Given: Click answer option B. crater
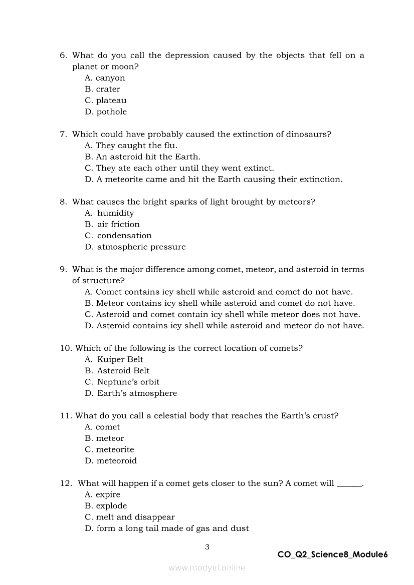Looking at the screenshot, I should pos(102,89).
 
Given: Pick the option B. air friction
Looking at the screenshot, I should pos(112,224).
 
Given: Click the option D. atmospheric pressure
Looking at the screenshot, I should pos(135,247).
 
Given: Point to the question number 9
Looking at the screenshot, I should pos(63,269).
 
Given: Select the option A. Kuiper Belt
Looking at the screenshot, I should pos(114,359).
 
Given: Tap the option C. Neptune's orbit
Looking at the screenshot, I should pos(122,382).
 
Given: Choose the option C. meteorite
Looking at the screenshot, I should pos(109,449).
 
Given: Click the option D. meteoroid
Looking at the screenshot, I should pos(110,461).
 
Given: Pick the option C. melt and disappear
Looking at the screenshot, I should pos(129,517).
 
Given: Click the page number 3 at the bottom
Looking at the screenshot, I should pos(207,547).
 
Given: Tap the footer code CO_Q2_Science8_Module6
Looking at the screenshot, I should pos(332,554).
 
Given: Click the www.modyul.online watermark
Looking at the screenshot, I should pos(206,567).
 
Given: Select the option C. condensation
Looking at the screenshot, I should pos(118,236).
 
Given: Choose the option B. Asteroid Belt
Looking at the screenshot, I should pos(117,371).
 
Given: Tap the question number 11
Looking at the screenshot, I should pos(66,416).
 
